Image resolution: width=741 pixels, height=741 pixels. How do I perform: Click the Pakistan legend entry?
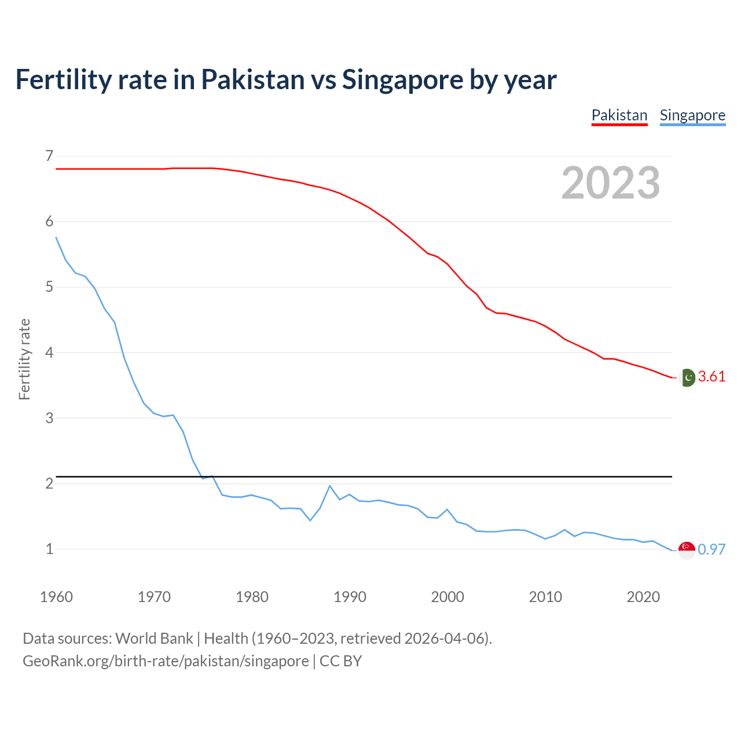click(619, 115)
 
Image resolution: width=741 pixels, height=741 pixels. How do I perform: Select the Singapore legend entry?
click(692, 115)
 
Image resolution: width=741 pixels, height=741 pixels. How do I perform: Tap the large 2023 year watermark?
click(610, 183)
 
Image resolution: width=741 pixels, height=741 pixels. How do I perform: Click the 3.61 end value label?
click(711, 376)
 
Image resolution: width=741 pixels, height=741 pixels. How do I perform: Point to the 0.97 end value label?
click(711, 549)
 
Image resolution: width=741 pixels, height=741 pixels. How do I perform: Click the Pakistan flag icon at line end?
click(687, 377)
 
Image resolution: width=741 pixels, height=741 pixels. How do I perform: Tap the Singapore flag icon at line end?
click(687, 550)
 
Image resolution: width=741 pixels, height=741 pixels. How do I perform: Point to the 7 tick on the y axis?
click(49, 156)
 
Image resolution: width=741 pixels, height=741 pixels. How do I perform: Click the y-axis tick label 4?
click(49, 353)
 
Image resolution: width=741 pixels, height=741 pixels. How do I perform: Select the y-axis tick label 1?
click(49, 549)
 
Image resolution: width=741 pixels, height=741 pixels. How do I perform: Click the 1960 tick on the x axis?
click(56, 597)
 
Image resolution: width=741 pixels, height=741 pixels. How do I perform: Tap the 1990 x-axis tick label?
click(350, 597)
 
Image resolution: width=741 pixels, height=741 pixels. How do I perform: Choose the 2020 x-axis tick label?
click(643, 597)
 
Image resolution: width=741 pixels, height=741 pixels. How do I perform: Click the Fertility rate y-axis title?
click(24, 359)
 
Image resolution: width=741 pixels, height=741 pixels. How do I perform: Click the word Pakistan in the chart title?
click(252, 79)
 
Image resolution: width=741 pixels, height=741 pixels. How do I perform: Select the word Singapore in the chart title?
click(402, 79)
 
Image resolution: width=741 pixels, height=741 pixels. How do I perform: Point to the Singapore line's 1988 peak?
click(329, 486)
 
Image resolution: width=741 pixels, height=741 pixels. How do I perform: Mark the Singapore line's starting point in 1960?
click(56, 237)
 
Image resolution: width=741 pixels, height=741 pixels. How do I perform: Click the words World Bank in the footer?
click(154, 639)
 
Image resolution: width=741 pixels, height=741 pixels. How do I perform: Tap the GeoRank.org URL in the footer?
click(166, 661)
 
